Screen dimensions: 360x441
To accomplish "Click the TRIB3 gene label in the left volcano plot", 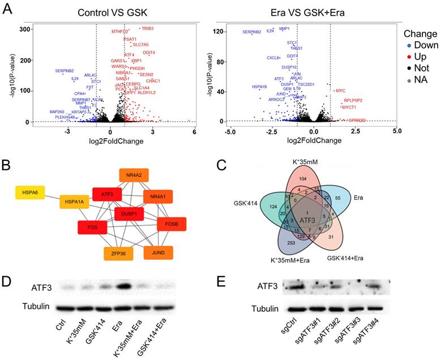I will (148, 28).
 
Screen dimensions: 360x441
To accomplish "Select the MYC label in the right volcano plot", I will (340, 91).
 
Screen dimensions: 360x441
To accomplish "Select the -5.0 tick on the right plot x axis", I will (230, 131).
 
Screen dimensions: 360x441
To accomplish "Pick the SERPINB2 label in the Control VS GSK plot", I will (64, 71).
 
